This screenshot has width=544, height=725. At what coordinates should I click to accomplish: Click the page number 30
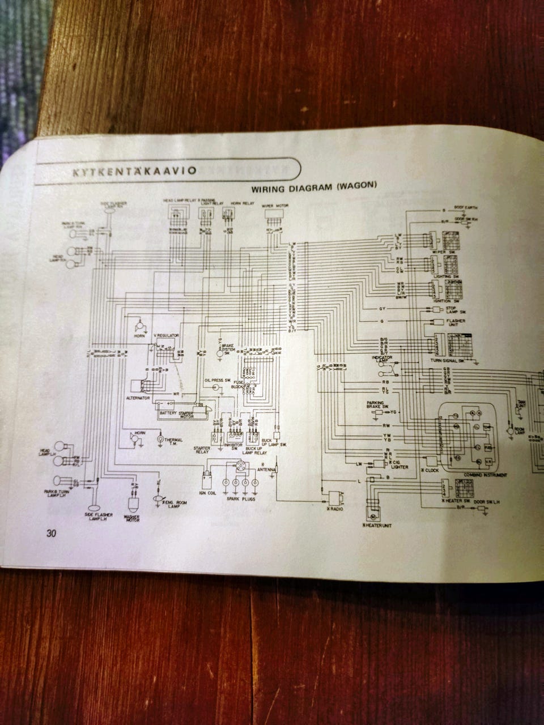(52, 533)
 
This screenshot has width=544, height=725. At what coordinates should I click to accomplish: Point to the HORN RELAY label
(228, 201)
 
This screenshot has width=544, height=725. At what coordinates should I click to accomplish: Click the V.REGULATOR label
(166, 335)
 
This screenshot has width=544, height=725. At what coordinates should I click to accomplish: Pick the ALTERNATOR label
(138, 398)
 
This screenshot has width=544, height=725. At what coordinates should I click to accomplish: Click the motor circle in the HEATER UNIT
(373, 516)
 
